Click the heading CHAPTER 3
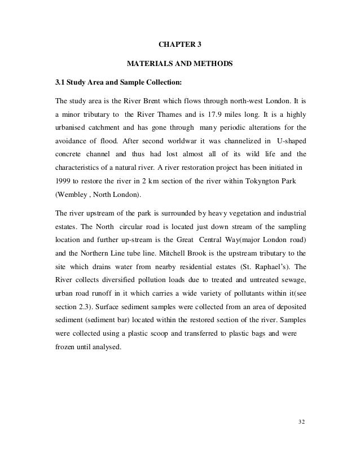pos(179,45)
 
